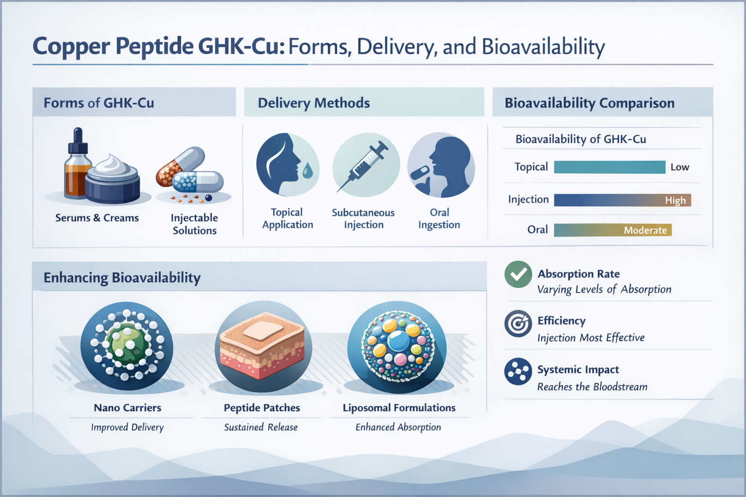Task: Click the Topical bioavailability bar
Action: [609, 167]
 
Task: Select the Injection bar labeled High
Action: [622, 200]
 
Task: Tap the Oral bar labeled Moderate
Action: [612, 230]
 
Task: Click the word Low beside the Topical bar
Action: [679, 167]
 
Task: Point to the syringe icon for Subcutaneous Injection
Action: [366, 165]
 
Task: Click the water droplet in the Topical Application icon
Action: [307, 170]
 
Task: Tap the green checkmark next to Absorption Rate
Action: [518, 274]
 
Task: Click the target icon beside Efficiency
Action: [518, 323]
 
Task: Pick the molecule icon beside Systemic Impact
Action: [518, 371]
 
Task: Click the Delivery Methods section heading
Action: [314, 103]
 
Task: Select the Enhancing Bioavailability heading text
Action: [122, 278]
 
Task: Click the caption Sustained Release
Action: [261, 427]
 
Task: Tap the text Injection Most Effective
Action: [591, 338]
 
